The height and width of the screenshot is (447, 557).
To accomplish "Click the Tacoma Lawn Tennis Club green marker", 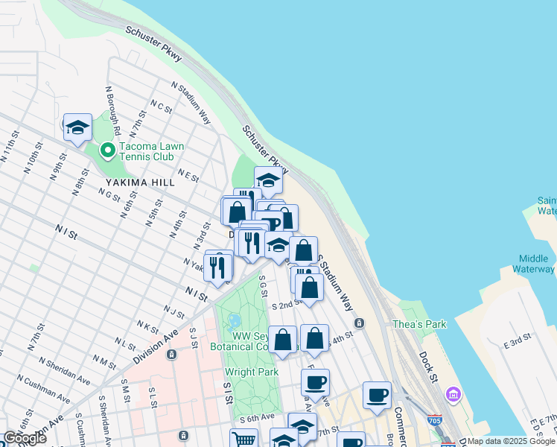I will pos(108,151).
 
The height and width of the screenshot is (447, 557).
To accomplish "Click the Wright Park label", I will pos(251,372).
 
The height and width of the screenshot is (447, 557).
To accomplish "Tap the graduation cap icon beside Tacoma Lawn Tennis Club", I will pos(77,128).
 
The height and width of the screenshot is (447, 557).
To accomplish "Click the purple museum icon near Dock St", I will pos(452,393).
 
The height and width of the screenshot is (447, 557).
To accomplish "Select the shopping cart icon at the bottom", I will pos(243,440).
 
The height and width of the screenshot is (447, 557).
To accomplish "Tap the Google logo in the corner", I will pos(25,438).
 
